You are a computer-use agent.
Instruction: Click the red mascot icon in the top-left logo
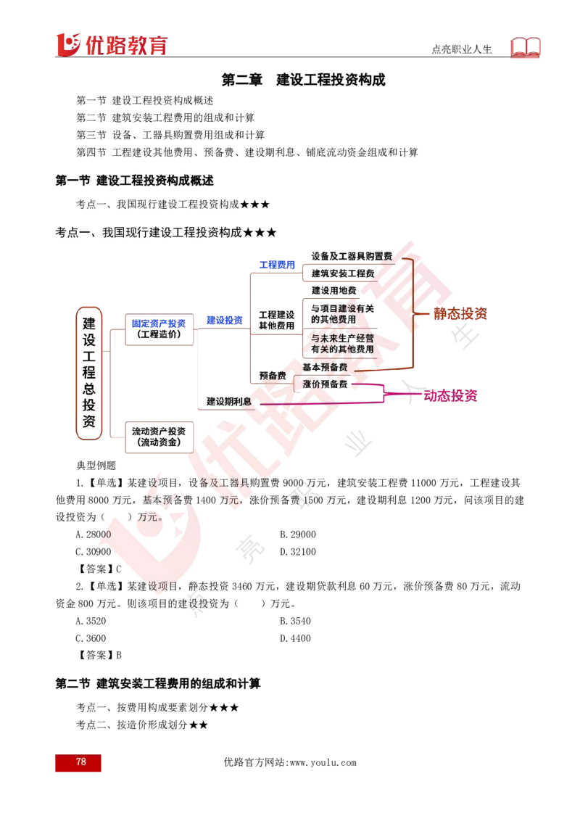[x=67, y=44]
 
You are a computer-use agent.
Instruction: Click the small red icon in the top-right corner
[x=527, y=48]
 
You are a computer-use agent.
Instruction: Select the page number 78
[x=80, y=762]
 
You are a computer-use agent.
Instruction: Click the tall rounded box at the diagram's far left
[x=88, y=374]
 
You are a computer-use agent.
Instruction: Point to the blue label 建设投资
[x=223, y=320]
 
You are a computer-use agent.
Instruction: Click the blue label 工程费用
[x=277, y=265]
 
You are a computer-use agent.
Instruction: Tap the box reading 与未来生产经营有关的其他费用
[x=341, y=344]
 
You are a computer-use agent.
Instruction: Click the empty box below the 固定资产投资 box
[x=160, y=437]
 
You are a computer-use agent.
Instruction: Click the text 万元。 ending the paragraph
[x=151, y=517]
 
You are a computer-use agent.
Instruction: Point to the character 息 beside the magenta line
[x=246, y=401]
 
